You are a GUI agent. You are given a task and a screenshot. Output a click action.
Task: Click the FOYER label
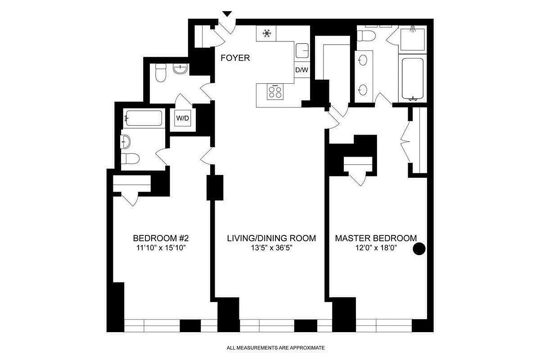tap(235, 58)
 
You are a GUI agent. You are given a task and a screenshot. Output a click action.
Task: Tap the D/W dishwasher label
tap(301, 70)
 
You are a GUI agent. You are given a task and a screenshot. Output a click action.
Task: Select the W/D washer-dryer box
tap(182, 119)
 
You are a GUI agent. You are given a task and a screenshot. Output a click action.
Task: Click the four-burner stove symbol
tap(275, 92)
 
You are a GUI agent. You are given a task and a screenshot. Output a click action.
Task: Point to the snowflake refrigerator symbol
tap(266, 34)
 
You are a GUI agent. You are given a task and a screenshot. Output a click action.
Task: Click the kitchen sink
tap(302, 51)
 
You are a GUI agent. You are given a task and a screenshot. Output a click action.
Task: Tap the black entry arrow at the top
tap(228, 14)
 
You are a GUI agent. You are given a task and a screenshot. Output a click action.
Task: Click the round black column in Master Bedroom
tap(419, 249)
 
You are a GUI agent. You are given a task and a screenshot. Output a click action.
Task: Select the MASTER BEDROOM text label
tap(376, 238)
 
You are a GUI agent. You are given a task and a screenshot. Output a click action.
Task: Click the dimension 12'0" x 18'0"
tap(376, 249)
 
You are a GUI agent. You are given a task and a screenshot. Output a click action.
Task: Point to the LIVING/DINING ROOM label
tap(271, 238)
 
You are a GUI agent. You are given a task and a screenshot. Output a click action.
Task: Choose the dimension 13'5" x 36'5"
tap(271, 249)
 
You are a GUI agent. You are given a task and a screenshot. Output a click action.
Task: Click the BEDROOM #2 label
tap(163, 238)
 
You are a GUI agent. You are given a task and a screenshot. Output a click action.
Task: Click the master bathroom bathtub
tap(412, 78)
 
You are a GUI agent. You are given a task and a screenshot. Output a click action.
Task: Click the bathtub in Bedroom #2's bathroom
tap(144, 118)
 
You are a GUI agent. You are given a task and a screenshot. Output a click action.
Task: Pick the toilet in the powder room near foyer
tap(161, 72)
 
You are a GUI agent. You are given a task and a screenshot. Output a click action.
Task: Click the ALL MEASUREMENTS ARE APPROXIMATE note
tap(275, 348)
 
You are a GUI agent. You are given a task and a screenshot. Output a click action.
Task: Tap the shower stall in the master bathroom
tap(412, 39)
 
